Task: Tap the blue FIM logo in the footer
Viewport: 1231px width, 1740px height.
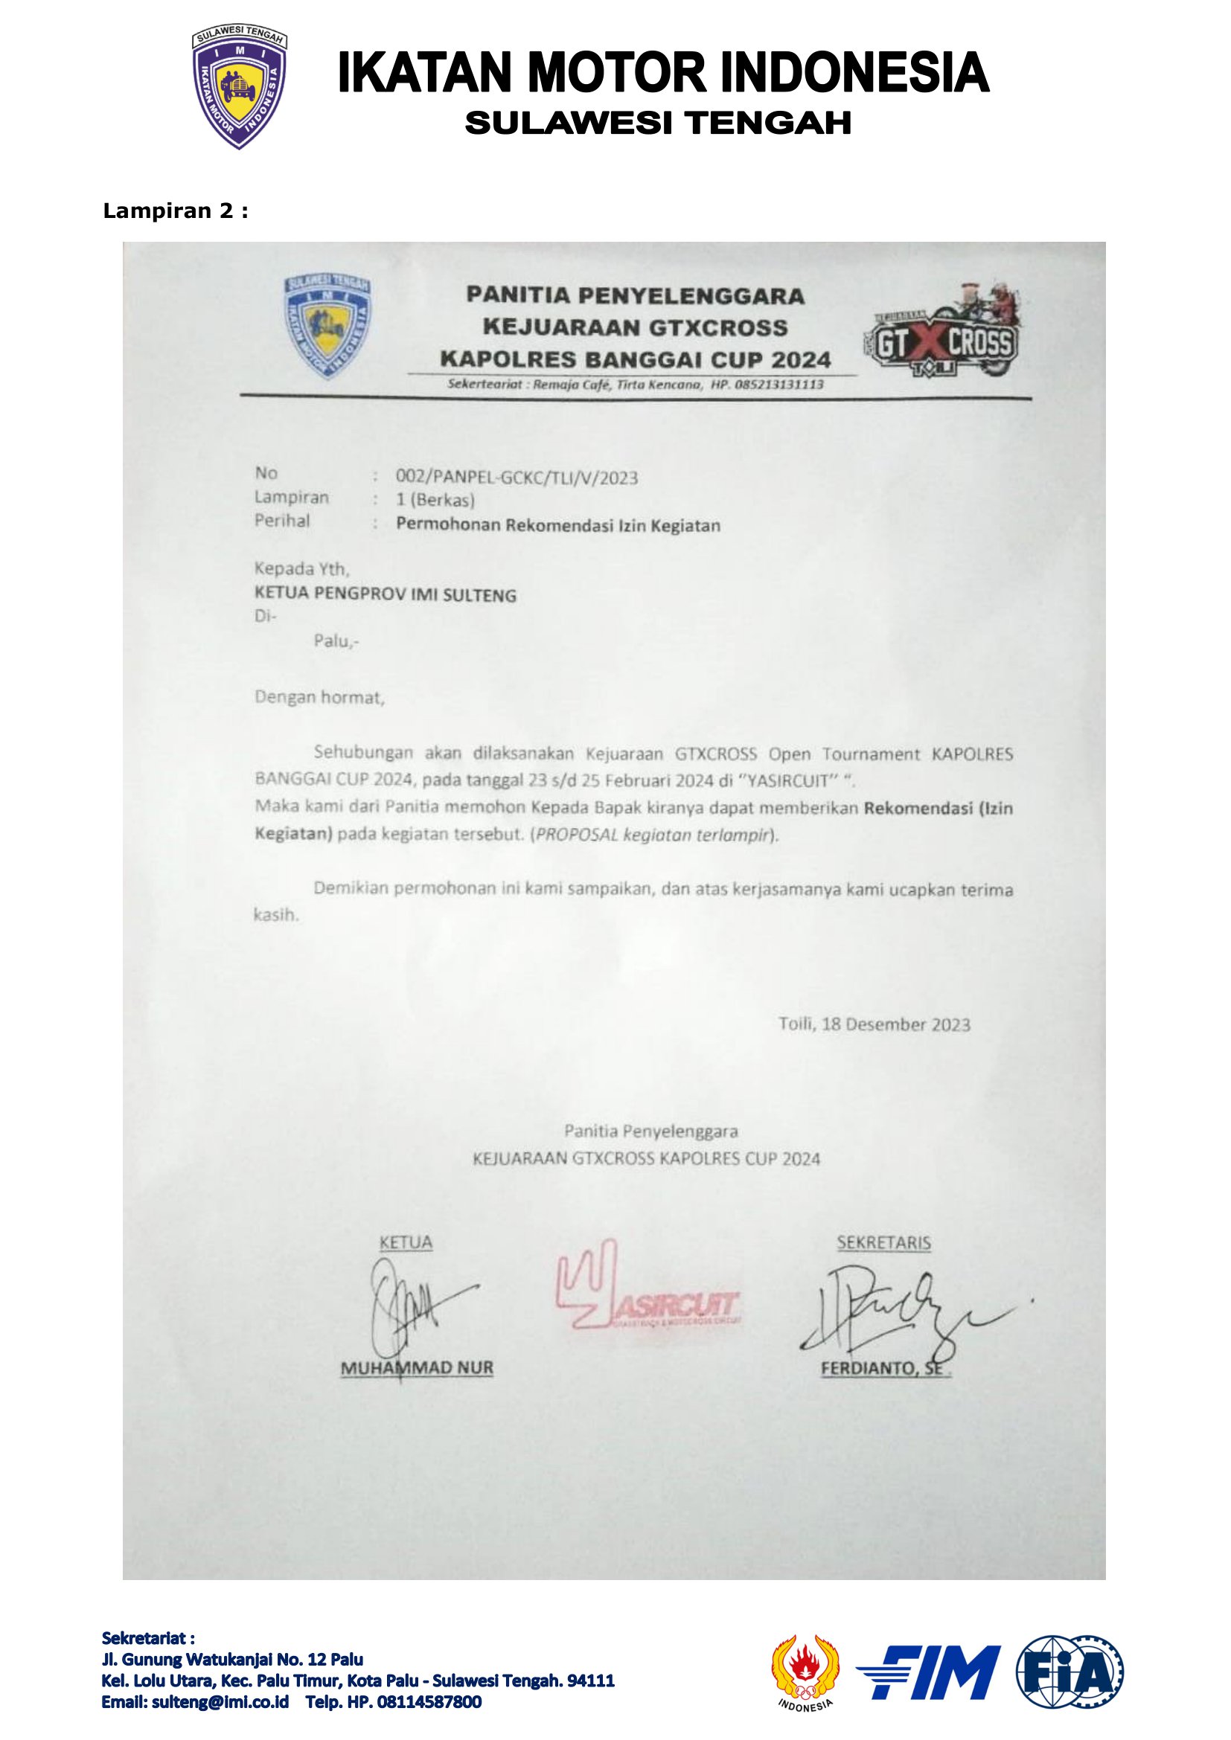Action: (x=928, y=1672)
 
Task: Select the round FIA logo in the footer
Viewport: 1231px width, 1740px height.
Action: (x=1069, y=1672)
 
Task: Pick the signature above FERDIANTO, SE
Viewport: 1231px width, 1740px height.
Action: (x=902, y=1304)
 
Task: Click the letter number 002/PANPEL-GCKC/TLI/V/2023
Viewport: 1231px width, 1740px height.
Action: (x=517, y=478)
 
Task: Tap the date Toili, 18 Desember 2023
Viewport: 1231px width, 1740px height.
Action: (x=874, y=1024)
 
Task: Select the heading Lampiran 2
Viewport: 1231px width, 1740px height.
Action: (x=175, y=211)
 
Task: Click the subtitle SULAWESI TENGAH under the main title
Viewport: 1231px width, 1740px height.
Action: (x=658, y=123)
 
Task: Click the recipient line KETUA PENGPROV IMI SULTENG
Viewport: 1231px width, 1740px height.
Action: (x=385, y=595)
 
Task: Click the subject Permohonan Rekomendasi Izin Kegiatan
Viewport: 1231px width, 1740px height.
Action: (x=558, y=525)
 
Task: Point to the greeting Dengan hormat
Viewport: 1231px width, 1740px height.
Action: (x=319, y=697)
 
